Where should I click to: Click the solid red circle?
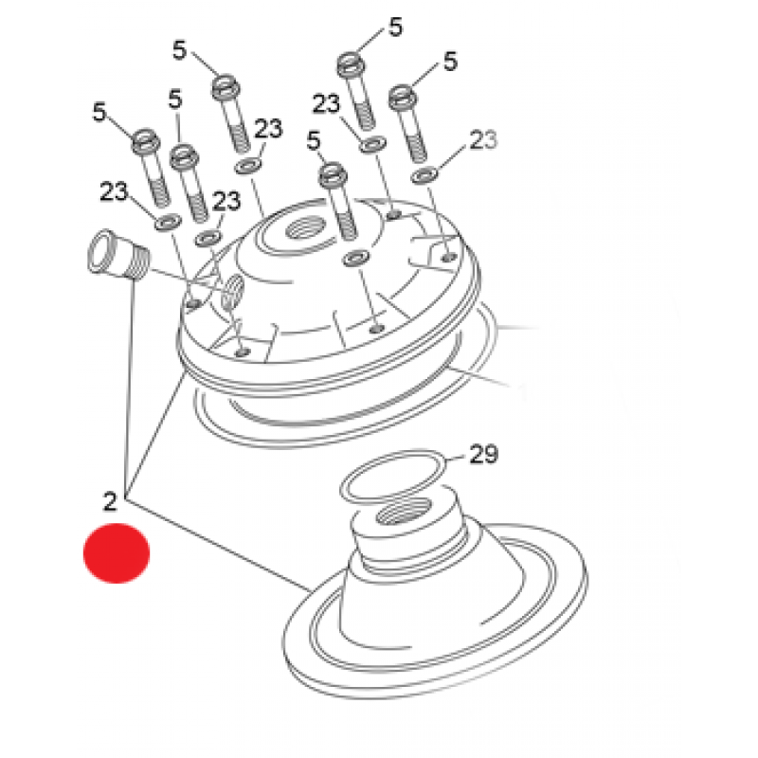click(x=117, y=553)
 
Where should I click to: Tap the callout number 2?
click(x=110, y=501)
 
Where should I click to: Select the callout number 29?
click(x=483, y=454)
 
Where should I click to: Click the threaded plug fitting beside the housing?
click(x=118, y=255)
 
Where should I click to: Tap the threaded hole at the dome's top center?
click(x=310, y=227)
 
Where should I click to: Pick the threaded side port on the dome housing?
click(x=232, y=292)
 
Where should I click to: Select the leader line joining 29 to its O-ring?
click(x=457, y=459)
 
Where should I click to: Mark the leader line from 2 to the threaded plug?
click(x=130, y=388)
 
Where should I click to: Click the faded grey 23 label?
click(x=483, y=139)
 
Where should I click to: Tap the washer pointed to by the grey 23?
click(x=424, y=175)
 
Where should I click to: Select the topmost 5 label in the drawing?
click(x=395, y=27)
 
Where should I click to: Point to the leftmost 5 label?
click(x=99, y=112)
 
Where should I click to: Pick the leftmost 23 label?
click(x=114, y=191)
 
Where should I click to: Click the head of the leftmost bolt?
click(x=146, y=139)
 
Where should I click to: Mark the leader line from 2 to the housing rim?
click(x=155, y=434)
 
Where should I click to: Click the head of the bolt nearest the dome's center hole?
click(x=334, y=175)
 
